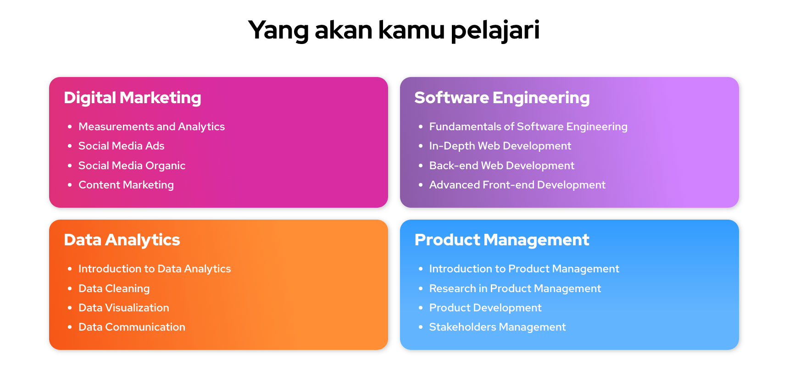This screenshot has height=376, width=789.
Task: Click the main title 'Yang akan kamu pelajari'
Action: pyautogui.click(x=394, y=30)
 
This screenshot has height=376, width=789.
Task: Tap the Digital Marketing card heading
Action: pyautogui.click(x=133, y=98)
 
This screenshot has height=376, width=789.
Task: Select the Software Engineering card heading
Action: pyautogui.click(x=502, y=98)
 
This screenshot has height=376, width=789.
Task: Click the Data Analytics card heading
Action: pyautogui.click(x=122, y=240)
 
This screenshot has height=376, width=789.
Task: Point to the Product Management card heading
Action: pyautogui.click(x=502, y=240)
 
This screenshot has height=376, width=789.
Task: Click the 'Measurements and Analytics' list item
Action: pyautogui.click(x=152, y=127)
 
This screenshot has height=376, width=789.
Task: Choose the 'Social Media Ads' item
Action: pyautogui.click(x=122, y=146)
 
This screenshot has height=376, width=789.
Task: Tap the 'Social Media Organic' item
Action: pyautogui.click(x=132, y=166)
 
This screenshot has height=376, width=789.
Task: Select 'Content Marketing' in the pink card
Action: pyautogui.click(x=126, y=185)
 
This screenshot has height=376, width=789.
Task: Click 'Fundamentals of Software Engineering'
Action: pyautogui.click(x=528, y=127)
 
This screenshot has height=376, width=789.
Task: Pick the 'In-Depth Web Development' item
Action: pyautogui.click(x=500, y=146)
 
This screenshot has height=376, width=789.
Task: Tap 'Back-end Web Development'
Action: pyautogui.click(x=502, y=166)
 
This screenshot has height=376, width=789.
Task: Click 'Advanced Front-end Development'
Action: pyautogui.click(x=517, y=185)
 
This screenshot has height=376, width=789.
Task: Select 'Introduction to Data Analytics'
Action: pyautogui.click(x=155, y=269)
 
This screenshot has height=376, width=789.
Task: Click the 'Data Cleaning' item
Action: pyautogui.click(x=114, y=289)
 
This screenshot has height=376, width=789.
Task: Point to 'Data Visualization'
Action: pyautogui.click(x=124, y=308)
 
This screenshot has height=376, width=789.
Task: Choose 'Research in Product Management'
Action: pyautogui.click(x=515, y=289)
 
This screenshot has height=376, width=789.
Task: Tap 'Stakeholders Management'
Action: pyautogui.click(x=498, y=327)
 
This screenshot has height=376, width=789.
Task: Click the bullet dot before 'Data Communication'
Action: pyautogui.click(x=70, y=327)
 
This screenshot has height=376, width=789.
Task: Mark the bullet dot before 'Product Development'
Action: pyautogui.click(x=421, y=308)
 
